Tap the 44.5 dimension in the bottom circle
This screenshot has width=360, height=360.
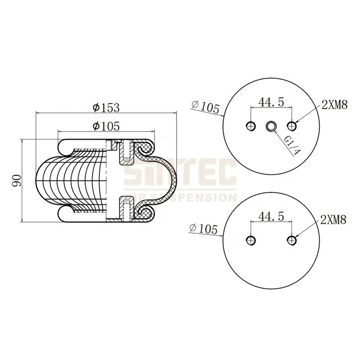pyautogui.click(x=271, y=216)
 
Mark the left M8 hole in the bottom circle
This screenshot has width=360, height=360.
pyautogui.click(x=250, y=240)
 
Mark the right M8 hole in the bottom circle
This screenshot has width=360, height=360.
pyautogui.click(x=292, y=240)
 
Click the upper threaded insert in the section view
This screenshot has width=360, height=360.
pyautogui.click(x=126, y=151)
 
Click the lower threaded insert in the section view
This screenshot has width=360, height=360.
pyautogui.click(x=126, y=210)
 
